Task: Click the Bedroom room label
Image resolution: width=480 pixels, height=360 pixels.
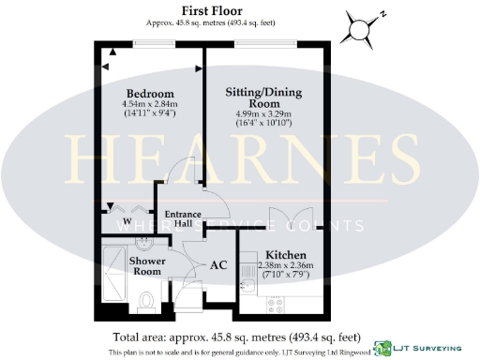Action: tap(151, 94)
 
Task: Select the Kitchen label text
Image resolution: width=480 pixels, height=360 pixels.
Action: tap(282, 255)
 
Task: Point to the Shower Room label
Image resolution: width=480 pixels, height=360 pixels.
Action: tap(147, 265)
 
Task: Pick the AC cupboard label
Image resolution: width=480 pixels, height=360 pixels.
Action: tap(218, 265)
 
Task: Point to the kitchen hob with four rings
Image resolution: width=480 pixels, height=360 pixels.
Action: tap(277, 303)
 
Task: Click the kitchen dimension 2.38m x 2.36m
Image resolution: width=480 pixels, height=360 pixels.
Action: tap(283, 267)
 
